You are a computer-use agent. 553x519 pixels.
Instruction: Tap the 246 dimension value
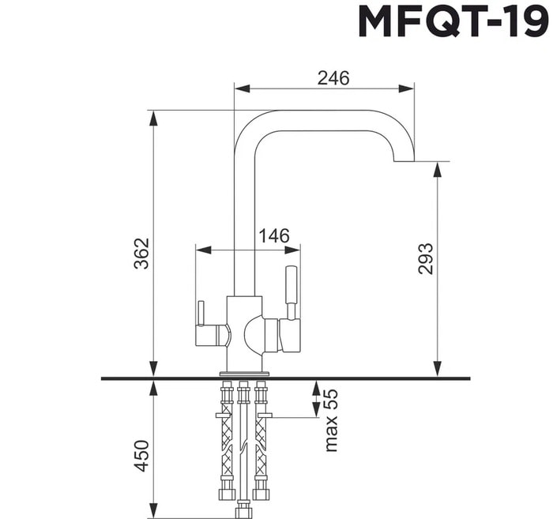coord(333,78)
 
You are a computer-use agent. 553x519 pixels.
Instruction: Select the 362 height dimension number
coord(141,254)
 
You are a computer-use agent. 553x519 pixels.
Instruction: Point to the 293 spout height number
coord(425,258)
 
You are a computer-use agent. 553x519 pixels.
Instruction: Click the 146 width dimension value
coord(274,235)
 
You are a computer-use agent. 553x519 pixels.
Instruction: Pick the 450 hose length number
coord(141,456)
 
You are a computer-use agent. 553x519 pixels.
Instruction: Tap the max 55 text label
coord(331,420)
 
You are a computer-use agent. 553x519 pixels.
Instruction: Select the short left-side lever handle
coord(201,314)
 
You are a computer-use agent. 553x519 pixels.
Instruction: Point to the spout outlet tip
coord(404,161)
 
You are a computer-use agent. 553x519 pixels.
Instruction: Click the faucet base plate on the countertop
coord(244,373)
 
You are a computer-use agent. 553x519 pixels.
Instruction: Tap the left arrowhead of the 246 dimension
coord(243,88)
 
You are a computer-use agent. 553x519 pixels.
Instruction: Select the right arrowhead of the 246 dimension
coord(406,88)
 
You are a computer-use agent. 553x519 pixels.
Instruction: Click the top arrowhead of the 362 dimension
coord(153,118)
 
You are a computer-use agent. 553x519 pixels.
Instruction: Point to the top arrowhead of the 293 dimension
coord(437,170)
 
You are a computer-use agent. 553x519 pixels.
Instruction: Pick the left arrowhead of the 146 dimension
coord(204,250)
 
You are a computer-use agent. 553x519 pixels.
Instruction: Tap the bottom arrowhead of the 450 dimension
coord(153,511)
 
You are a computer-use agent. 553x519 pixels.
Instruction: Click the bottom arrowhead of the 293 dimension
coord(437,369)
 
